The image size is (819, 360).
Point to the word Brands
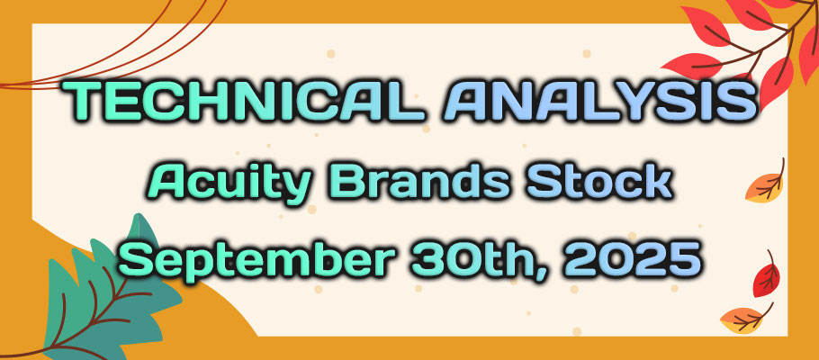423,181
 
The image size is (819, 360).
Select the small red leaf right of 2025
767,277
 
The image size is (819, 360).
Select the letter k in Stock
655,181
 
